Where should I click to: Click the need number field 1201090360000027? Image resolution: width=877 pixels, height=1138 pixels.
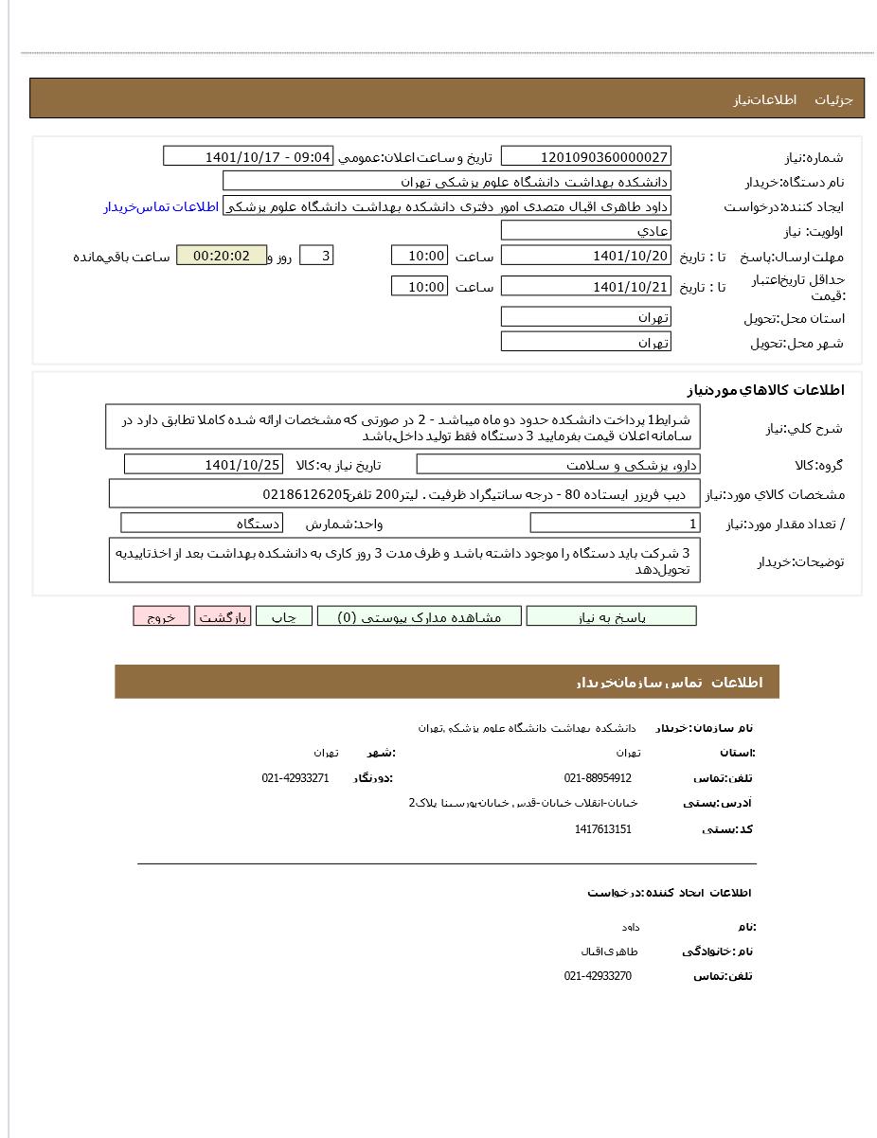click(x=585, y=156)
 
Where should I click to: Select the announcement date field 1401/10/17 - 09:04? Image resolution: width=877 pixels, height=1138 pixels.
click(x=248, y=156)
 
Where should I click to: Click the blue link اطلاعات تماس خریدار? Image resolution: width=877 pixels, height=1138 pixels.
click(x=161, y=206)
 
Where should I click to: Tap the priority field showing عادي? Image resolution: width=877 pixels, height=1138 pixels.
click(x=585, y=230)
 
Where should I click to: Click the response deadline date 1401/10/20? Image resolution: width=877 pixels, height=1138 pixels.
click(x=585, y=256)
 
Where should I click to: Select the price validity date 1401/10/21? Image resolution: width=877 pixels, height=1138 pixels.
click(x=585, y=286)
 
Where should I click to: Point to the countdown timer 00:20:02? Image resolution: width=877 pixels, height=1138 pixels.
click(x=222, y=256)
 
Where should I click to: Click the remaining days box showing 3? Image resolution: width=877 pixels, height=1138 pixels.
click(x=316, y=256)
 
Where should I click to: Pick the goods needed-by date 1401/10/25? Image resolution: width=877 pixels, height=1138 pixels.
click(x=203, y=464)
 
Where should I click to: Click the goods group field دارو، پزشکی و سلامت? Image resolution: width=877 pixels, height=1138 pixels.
click(x=558, y=464)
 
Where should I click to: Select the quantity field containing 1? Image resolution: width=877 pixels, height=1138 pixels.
click(x=615, y=524)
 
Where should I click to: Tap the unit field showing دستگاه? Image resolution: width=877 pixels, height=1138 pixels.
click(x=202, y=523)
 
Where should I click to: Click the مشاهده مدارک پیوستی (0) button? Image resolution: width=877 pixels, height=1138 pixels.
click(x=420, y=616)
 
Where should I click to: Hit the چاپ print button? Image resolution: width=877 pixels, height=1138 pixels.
click(x=283, y=616)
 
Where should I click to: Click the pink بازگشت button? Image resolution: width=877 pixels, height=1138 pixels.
click(x=223, y=616)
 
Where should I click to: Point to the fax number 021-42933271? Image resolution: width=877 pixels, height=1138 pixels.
click(x=295, y=778)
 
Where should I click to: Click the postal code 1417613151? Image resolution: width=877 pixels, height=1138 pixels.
click(x=602, y=829)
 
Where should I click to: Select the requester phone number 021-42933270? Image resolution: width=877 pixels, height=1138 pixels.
click(x=598, y=976)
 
